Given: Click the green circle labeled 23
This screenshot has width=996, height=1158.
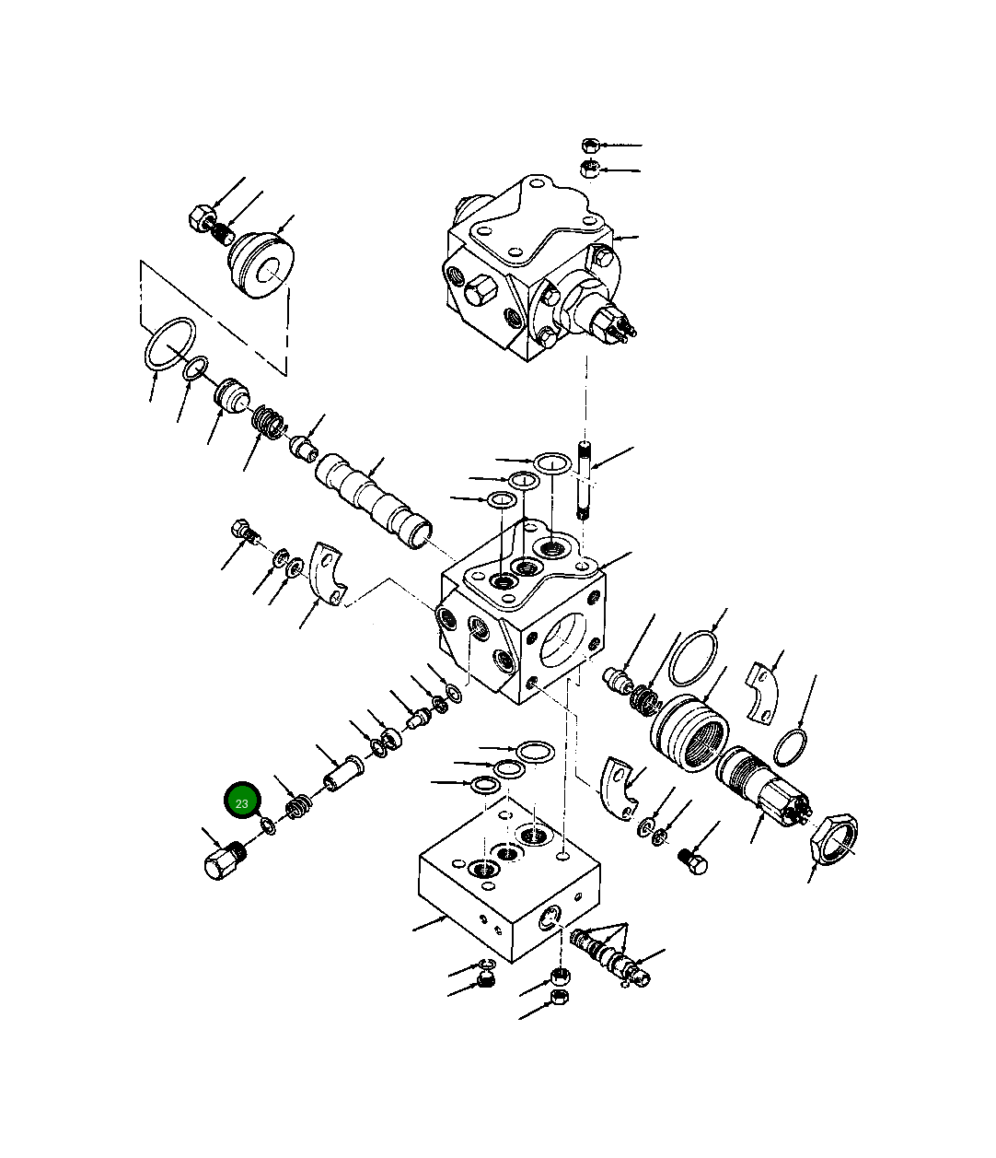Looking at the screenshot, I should coord(243,802).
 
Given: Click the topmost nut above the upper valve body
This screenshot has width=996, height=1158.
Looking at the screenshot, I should coord(591,146).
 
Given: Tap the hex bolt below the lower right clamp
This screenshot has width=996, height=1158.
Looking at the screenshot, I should coord(693,862).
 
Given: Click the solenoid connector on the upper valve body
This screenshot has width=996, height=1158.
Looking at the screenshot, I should coord(612,324).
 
